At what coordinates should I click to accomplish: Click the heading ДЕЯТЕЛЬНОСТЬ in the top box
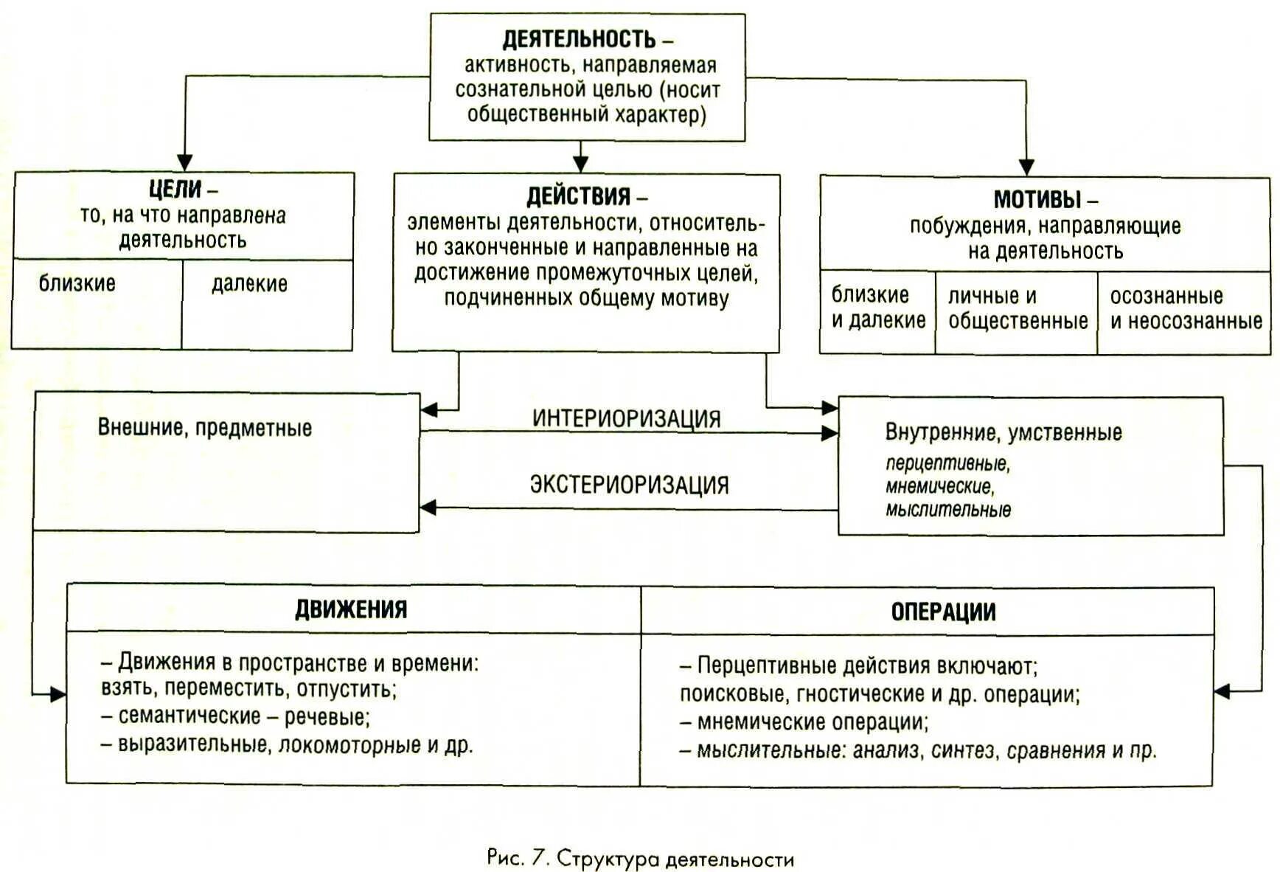click(x=579, y=38)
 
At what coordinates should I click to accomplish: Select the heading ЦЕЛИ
click(x=175, y=190)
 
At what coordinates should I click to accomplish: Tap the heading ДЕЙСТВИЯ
click(x=578, y=197)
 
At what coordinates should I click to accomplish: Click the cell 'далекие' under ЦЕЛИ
click(x=249, y=284)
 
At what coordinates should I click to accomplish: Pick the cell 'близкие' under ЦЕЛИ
click(x=77, y=283)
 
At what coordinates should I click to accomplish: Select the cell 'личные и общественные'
click(x=1017, y=308)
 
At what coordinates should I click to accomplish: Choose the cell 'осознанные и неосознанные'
click(x=1186, y=308)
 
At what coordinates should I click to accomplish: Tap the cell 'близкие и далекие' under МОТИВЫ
click(x=877, y=308)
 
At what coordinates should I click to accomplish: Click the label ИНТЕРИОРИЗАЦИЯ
click(x=626, y=418)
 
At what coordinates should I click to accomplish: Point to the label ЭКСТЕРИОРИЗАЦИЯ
click(x=629, y=485)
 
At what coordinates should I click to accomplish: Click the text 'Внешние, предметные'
click(x=205, y=428)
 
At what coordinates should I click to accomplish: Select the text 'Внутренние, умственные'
click(x=1003, y=432)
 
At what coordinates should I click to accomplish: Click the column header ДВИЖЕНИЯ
click(x=351, y=609)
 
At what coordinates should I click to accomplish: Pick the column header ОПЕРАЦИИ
click(x=943, y=612)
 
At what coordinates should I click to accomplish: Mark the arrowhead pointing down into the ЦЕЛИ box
click(x=184, y=162)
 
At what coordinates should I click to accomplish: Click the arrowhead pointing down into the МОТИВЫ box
click(x=1026, y=167)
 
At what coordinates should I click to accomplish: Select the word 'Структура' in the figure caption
click(x=608, y=859)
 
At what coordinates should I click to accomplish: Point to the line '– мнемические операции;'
click(x=804, y=722)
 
